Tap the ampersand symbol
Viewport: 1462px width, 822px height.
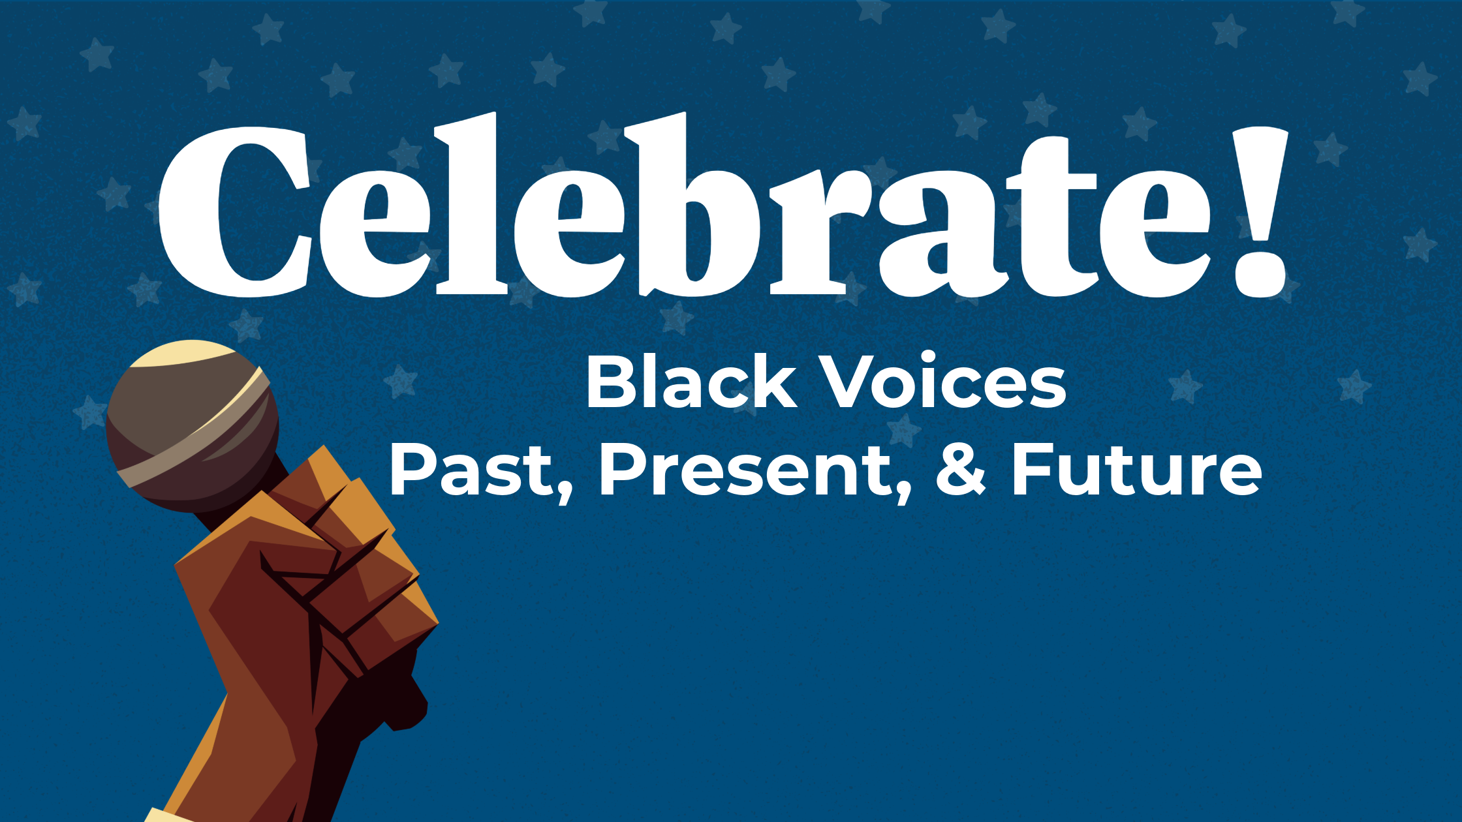click(x=960, y=470)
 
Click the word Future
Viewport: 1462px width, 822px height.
click(x=1136, y=470)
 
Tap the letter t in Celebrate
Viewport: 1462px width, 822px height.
click(x=1051, y=215)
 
